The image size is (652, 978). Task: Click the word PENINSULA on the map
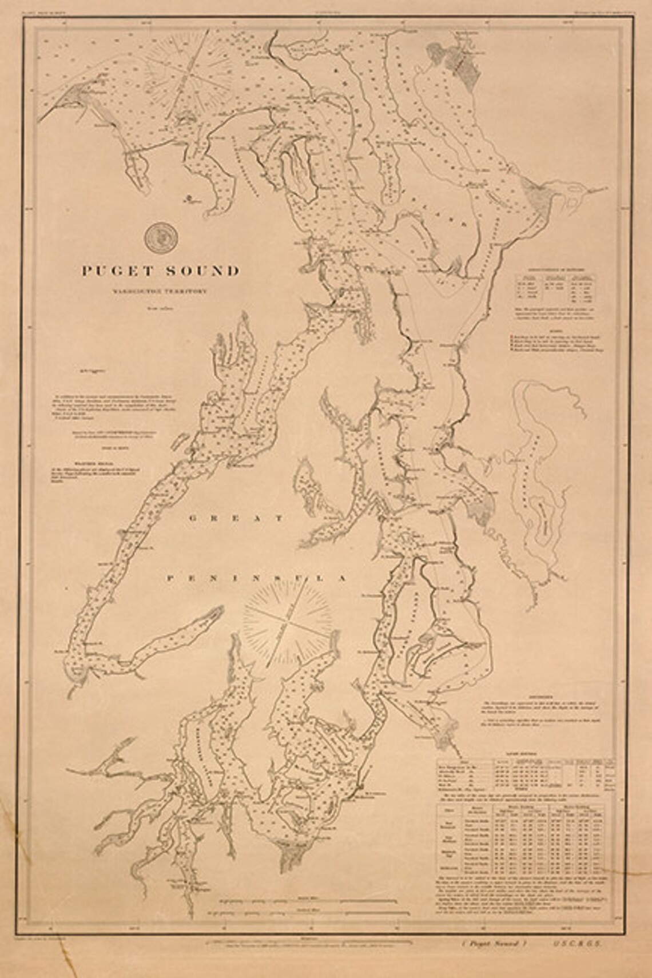[257, 578]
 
